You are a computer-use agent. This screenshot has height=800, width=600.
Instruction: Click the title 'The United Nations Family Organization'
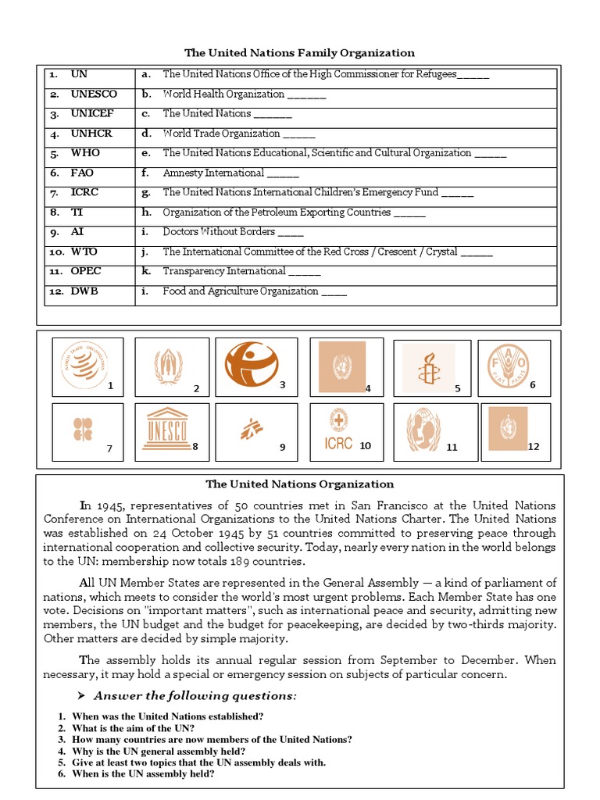pyautogui.click(x=299, y=53)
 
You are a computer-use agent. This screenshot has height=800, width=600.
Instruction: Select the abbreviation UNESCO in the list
pyautogui.click(x=94, y=95)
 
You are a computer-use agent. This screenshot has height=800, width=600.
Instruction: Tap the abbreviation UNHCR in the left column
pyautogui.click(x=91, y=134)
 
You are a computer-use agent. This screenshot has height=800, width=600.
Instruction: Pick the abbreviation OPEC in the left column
pyautogui.click(x=86, y=271)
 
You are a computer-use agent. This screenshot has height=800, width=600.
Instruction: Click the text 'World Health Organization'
pyautogui.click(x=223, y=95)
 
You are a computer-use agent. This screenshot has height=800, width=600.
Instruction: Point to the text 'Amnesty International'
pyautogui.click(x=213, y=173)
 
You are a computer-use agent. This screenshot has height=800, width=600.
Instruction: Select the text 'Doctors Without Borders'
pyautogui.click(x=219, y=232)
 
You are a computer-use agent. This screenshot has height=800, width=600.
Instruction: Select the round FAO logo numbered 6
pyautogui.click(x=509, y=365)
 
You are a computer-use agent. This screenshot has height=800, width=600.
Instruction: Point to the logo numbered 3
pyautogui.click(x=250, y=365)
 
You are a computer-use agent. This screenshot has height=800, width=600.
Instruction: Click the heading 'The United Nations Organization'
pyautogui.click(x=299, y=484)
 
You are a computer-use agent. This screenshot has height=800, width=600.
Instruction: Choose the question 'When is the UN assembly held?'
pyautogui.click(x=143, y=774)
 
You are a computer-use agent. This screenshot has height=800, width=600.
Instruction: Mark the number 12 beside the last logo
pyautogui.click(x=534, y=447)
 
